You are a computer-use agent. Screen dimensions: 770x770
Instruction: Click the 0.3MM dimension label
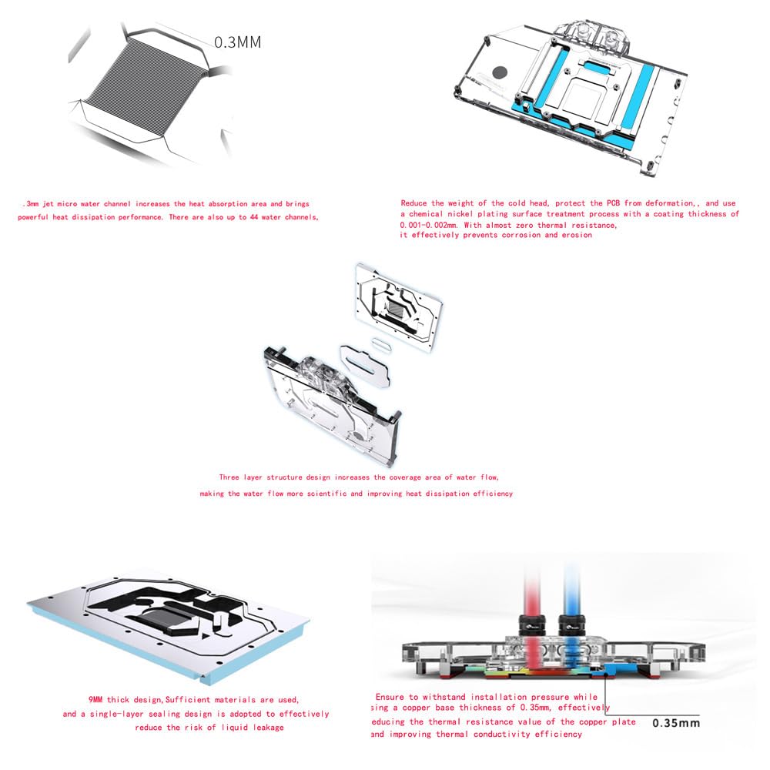pos(237,42)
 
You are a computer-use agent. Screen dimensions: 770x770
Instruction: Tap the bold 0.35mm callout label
pos(676,723)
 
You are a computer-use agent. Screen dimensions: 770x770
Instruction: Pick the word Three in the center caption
pos(233,477)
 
